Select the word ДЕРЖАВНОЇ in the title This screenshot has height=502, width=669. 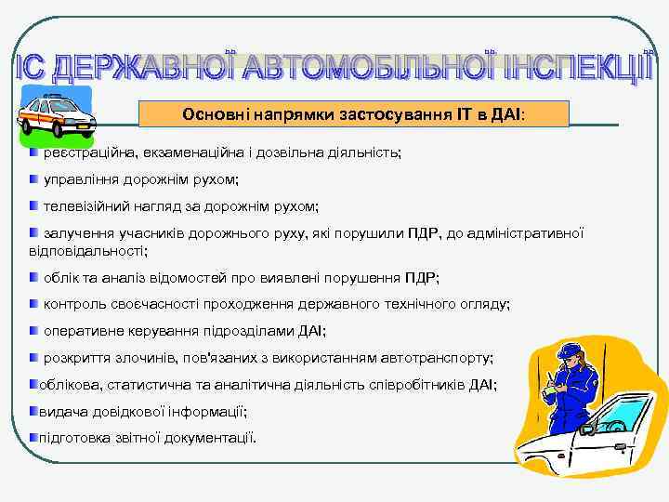(x=140, y=67)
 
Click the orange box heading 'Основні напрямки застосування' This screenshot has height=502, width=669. (x=353, y=114)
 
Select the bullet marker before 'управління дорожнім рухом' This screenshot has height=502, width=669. (x=34, y=178)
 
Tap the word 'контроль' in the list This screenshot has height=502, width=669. (x=74, y=303)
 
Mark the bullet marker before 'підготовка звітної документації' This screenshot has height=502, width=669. (x=33, y=436)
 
